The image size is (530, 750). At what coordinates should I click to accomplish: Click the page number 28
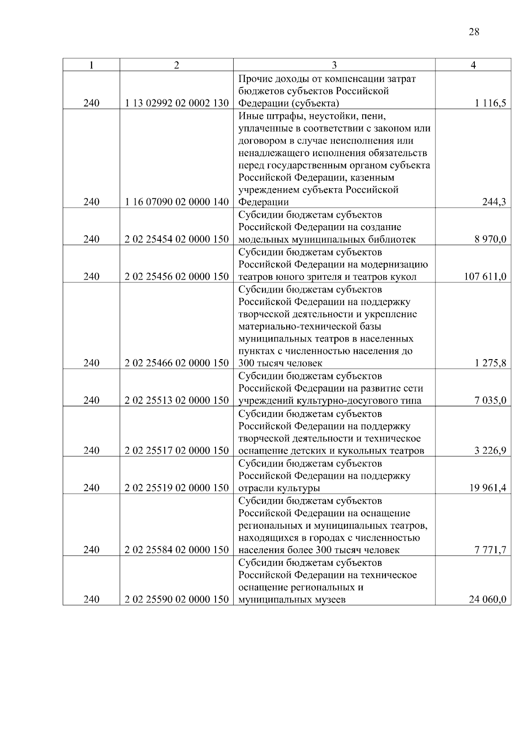click(473, 32)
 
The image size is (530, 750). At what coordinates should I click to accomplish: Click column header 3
click(334, 65)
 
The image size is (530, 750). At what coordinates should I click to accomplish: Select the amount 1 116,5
click(491, 104)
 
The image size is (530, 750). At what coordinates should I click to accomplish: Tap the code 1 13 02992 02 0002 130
click(177, 104)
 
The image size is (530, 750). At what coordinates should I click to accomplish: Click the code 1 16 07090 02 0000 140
click(177, 202)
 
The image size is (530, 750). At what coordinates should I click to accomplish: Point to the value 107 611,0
click(485, 277)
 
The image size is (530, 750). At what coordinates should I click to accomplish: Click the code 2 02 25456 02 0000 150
click(177, 277)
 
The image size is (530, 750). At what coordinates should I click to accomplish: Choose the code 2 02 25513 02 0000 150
click(177, 401)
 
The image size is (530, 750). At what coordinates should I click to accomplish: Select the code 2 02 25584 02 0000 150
click(177, 550)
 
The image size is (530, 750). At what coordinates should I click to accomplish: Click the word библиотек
click(393, 239)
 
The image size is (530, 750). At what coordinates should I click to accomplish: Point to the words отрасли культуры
click(279, 488)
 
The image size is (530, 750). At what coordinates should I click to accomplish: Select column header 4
click(473, 65)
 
